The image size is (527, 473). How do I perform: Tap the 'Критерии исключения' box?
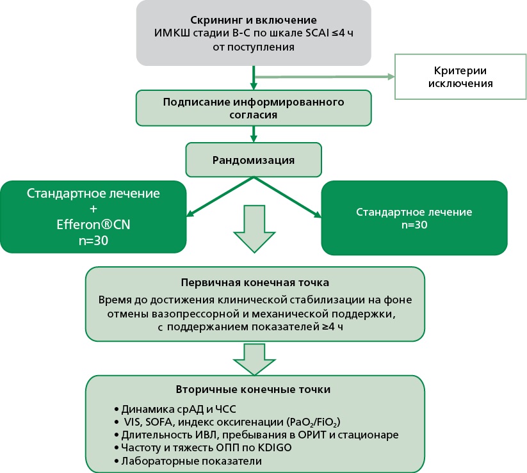[x=455, y=76]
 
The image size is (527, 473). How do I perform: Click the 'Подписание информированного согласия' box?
[x=254, y=108]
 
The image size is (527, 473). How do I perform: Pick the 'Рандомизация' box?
[x=254, y=159]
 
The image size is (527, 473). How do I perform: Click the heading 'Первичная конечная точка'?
[x=255, y=282]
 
